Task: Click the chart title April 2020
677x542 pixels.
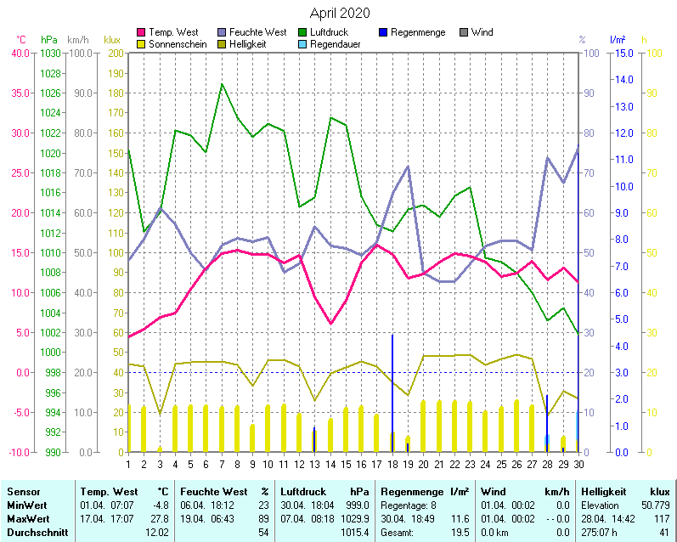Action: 339,13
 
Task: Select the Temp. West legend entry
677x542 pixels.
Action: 172,32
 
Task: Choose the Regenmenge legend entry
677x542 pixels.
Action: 417,32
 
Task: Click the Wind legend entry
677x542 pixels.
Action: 482,32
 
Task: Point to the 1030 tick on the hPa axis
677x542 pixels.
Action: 50,53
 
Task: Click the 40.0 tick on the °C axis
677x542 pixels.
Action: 20,53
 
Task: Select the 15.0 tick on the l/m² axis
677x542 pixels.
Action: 623,53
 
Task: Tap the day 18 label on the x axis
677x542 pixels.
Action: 392,464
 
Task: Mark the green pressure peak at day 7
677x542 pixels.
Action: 222,84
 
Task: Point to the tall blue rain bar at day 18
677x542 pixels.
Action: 392,391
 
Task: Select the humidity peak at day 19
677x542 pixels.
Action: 408,167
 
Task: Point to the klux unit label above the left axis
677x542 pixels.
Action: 111,40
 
